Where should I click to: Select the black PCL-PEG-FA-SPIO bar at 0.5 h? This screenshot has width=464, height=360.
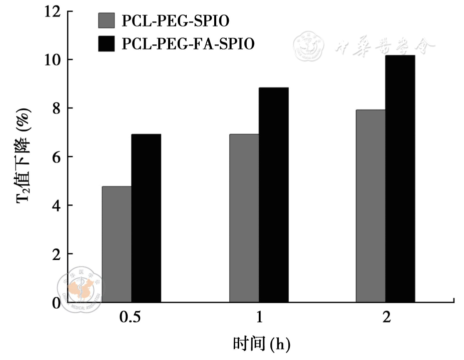(146, 218)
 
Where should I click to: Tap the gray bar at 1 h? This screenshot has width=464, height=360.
(244, 218)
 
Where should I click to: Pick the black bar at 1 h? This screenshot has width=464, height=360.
(273, 194)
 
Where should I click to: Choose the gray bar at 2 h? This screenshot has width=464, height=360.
(371, 205)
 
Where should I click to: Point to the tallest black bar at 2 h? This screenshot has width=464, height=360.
(400, 178)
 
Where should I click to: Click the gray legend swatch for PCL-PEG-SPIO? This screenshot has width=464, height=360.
(106, 20)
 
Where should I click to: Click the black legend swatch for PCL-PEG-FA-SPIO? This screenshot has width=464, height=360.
(106, 43)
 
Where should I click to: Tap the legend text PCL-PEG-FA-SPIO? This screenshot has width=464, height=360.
(188, 43)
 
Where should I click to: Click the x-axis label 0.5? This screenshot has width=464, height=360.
(131, 318)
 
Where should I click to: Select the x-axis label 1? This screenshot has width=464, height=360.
(259, 318)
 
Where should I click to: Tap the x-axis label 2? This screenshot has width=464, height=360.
(386, 318)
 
